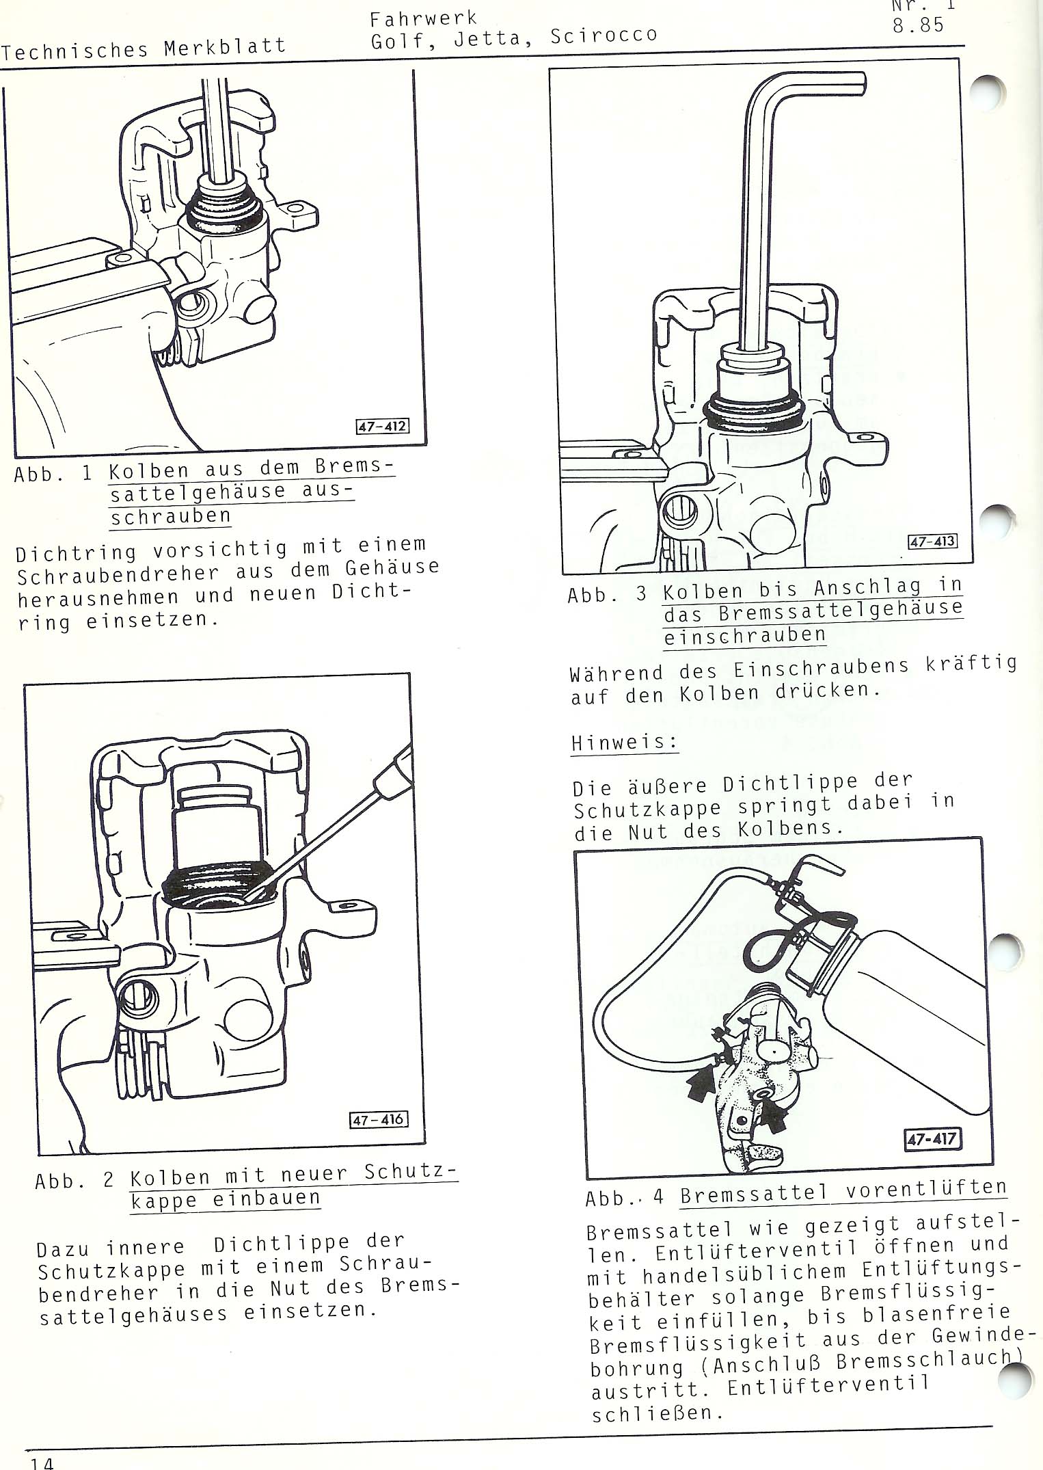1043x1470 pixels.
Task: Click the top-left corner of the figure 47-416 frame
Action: [x=25, y=685]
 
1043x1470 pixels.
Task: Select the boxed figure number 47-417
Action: [x=933, y=1139]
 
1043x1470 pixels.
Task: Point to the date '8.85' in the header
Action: [x=918, y=26]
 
